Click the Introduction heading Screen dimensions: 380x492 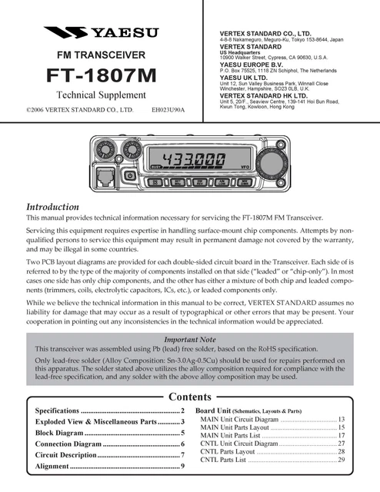pyautogui.click(x=53, y=208)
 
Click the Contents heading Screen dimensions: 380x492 pyautogui.click(x=190, y=397)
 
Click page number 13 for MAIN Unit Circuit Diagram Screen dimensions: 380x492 pyautogui.click(x=342, y=419)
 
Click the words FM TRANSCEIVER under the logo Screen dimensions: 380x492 pyautogui.click(x=101, y=55)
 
